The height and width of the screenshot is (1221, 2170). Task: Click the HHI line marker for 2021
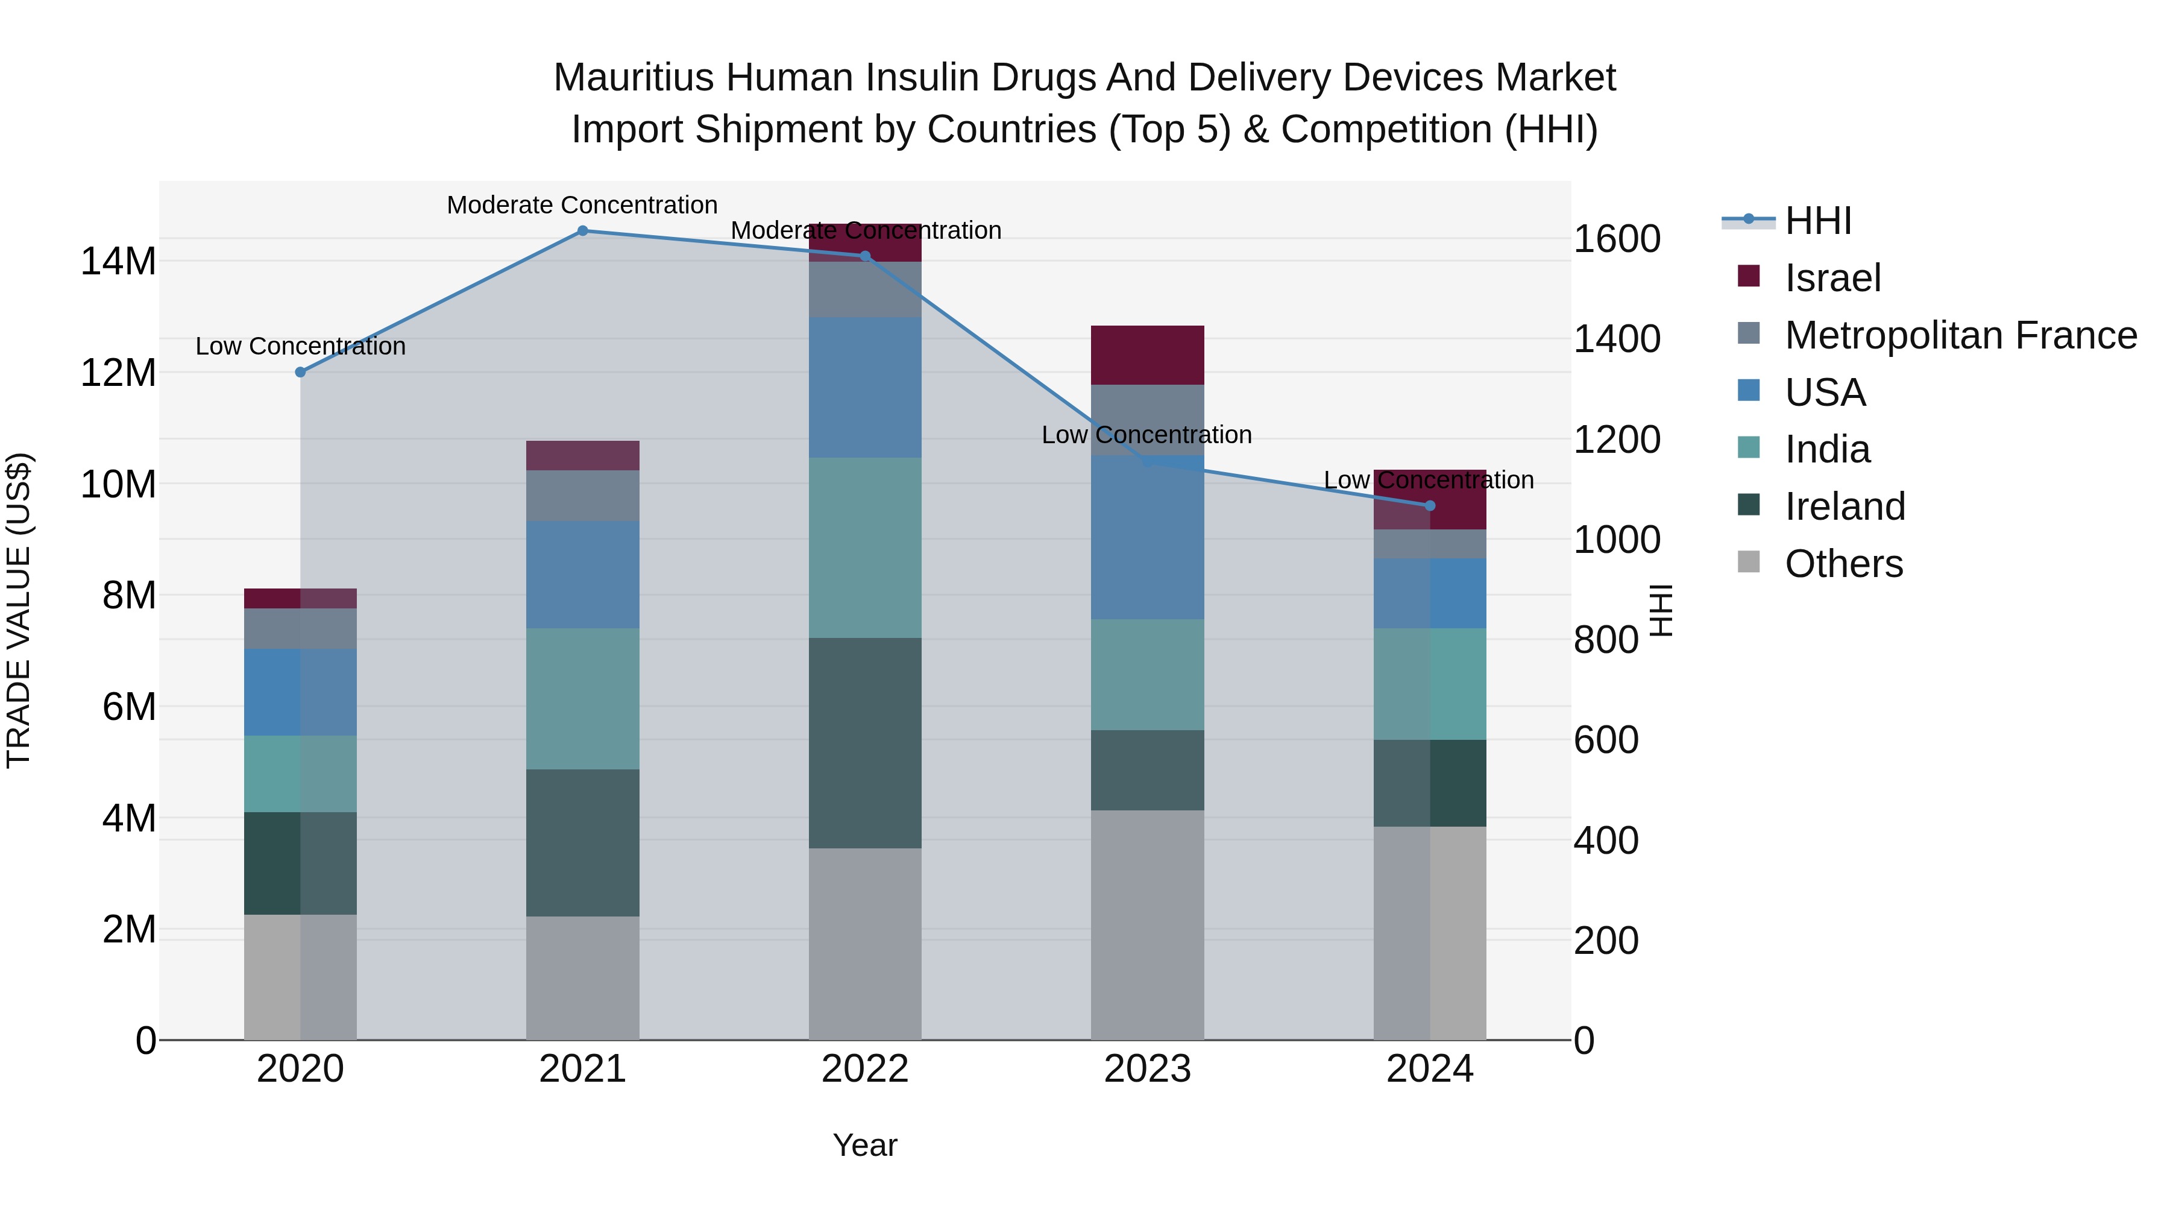(582, 231)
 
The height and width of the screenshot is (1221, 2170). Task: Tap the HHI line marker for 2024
(1430, 506)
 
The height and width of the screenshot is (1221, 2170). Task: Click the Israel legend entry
(1832, 278)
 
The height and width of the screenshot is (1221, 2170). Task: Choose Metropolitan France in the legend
(1960, 335)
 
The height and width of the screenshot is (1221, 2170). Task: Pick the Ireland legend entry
(1844, 506)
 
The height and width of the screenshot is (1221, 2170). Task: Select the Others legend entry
(1843, 564)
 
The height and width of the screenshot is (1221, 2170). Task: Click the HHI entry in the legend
(1818, 221)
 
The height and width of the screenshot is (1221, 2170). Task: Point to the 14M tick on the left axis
(118, 261)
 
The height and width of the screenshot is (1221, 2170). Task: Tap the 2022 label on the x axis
(864, 1069)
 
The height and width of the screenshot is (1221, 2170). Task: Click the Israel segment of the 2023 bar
(1147, 355)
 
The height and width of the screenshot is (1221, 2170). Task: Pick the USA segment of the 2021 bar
(582, 575)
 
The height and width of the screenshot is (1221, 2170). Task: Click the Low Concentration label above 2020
(301, 346)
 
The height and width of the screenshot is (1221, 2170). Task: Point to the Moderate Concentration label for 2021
(582, 205)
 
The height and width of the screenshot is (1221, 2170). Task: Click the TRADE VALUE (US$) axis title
(19, 610)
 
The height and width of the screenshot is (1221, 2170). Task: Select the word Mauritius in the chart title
(634, 78)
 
